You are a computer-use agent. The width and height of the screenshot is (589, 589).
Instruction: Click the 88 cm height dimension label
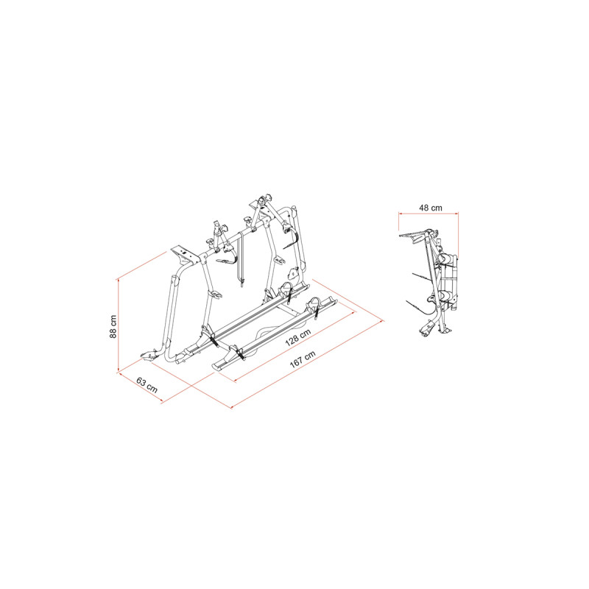[x=113, y=326]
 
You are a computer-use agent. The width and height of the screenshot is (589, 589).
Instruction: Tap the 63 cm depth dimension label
[x=147, y=385]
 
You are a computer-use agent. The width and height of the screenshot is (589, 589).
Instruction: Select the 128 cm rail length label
[x=298, y=337]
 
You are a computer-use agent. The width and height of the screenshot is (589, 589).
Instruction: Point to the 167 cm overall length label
[x=303, y=359]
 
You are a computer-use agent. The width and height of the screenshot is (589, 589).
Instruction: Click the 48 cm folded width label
[x=431, y=208]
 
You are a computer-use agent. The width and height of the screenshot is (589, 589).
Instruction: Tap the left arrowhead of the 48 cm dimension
[x=401, y=214]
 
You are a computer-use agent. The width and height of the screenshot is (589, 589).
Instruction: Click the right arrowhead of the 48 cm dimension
[x=456, y=214]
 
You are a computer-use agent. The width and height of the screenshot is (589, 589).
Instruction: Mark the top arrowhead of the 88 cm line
[x=119, y=281]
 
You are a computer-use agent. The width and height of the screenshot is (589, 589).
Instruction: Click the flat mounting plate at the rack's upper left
[x=184, y=254]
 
